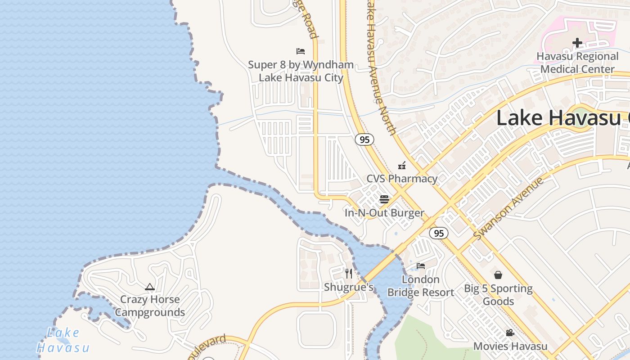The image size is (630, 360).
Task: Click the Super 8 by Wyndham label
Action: coord(301,71)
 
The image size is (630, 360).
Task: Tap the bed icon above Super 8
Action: coord(301,51)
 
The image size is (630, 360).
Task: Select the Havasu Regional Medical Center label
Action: coord(577,63)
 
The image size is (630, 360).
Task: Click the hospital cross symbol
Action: coord(577,43)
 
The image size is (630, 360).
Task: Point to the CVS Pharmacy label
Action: coord(402,179)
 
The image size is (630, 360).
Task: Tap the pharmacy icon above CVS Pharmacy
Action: coord(402,166)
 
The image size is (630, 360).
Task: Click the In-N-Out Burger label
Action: coord(384,213)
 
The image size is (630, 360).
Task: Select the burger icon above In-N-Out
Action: coord(384,199)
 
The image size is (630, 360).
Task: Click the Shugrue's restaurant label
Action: coord(349,287)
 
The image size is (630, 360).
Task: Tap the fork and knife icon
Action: coord(348,273)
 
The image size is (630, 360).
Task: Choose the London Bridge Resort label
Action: coord(421,286)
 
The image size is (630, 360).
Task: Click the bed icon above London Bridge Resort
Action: coord(421,266)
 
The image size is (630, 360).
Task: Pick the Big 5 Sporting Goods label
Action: coord(498,295)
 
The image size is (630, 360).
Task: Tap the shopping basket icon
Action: coord(498,274)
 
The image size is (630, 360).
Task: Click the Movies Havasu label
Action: coord(510,346)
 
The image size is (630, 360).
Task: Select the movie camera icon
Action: coord(510,333)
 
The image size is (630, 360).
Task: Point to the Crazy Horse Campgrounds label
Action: coord(150,306)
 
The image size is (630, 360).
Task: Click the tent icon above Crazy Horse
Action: coord(150,287)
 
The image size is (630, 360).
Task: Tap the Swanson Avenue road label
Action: coord(508,208)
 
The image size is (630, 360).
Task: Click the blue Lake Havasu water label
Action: coord(63,341)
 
